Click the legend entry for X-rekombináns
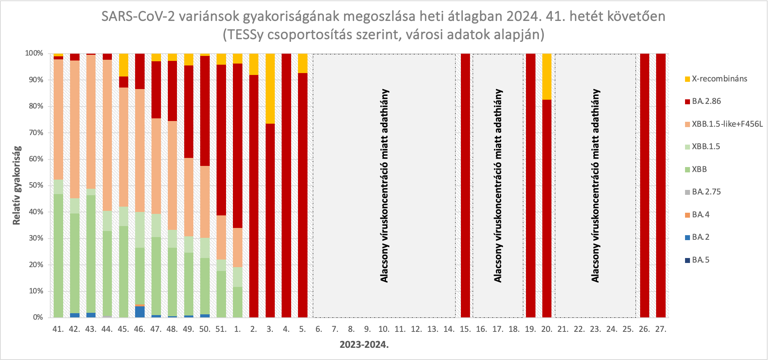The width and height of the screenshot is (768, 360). coord(719,79)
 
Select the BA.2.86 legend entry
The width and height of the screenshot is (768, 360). coord(706,101)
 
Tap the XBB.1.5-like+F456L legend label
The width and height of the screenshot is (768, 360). coord(727,124)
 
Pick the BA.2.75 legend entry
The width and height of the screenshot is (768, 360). coord(706,192)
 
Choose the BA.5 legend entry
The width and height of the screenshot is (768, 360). coord(700,260)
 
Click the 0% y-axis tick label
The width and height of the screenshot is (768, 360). coord(38,317)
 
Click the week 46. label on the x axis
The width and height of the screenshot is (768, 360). coord(140,329)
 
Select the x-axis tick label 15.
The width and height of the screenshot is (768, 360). coord(465,329)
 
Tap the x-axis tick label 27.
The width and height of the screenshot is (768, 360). coord(661,329)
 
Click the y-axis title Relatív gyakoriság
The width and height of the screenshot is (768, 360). coord(16,185)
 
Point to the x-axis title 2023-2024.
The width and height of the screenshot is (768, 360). coord(364,345)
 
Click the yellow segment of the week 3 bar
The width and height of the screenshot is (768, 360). coord(270,89)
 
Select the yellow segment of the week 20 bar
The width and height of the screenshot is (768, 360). coord(547,76)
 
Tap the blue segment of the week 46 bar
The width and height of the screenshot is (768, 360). coord(140,312)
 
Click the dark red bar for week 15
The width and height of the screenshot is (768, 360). coord(465,185)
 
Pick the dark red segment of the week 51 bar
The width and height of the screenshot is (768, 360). coord(221,140)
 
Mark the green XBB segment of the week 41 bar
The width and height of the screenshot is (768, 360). coord(58,255)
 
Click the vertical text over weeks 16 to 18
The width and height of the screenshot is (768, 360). coord(498,185)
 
